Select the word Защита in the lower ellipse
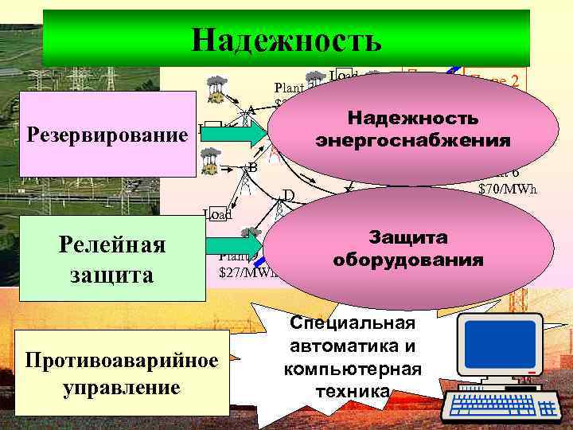tap(409, 238)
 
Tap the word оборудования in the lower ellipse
tap(409, 260)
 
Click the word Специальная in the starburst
tap(353, 322)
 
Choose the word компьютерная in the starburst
tap(353, 369)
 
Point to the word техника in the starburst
tap(353, 391)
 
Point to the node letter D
tap(289, 195)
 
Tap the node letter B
tap(253, 167)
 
